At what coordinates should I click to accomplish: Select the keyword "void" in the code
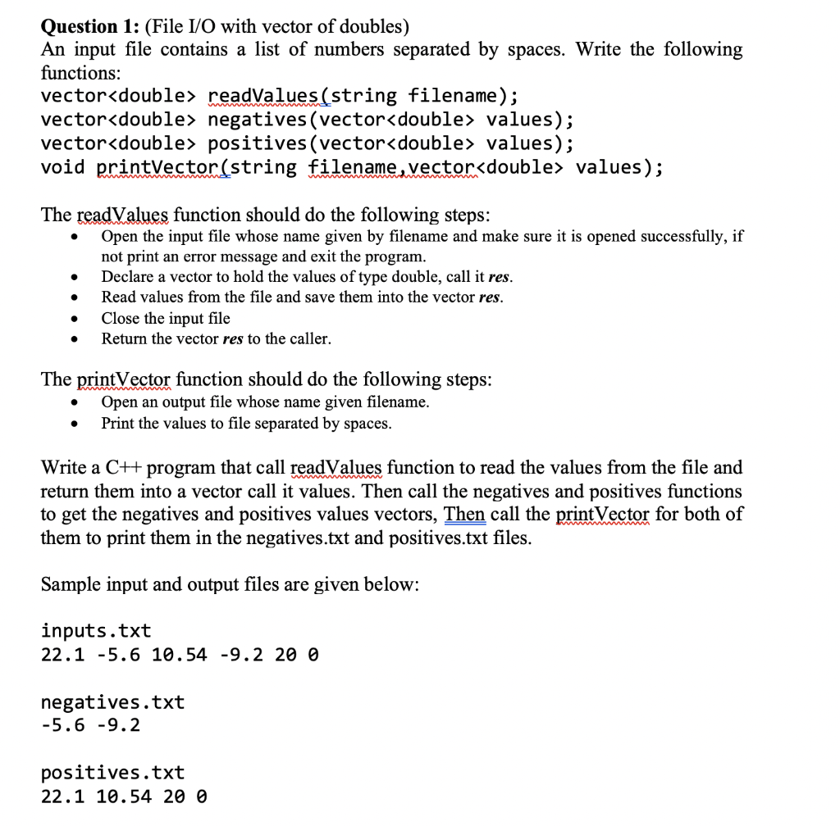point(63,167)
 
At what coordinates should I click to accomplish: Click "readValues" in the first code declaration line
point(263,96)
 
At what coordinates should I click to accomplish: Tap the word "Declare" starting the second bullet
point(127,276)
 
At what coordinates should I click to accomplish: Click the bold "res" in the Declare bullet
point(500,276)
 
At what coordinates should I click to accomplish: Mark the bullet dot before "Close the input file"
point(75,319)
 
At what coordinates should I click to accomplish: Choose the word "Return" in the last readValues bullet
point(124,338)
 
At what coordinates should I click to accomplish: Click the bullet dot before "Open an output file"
point(75,402)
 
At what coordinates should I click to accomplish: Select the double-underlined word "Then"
point(464,515)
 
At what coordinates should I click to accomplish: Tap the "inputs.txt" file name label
point(96,631)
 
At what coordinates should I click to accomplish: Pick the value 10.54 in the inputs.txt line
point(180,655)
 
